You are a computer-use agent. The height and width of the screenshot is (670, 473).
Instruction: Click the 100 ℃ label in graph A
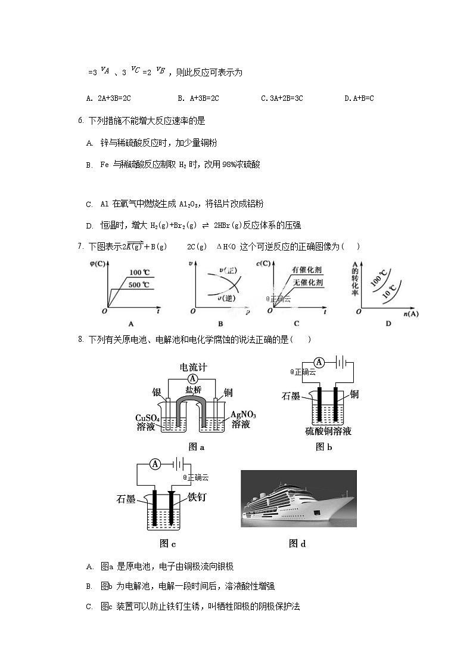[x=139, y=272]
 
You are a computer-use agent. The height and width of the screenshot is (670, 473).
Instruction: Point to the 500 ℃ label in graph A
[x=139, y=285]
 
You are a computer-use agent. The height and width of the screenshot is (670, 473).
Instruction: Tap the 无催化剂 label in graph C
[x=307, y=282]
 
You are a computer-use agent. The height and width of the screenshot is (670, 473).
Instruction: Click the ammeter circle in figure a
[x=192, y=379]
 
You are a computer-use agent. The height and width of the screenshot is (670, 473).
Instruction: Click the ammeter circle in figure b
[x=319, y=362]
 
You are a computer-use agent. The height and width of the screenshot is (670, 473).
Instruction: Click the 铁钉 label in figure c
[x=197, y=496]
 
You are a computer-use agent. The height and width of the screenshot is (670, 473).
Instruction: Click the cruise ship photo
[x=298, y=499]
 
